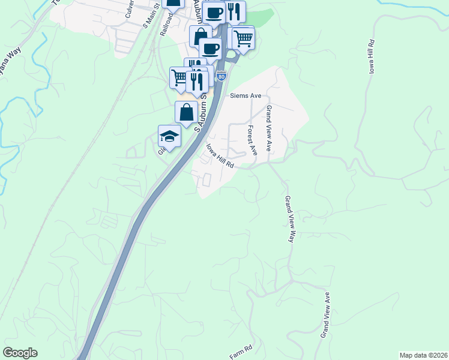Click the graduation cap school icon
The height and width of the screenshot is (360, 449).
click(x=169, y=136)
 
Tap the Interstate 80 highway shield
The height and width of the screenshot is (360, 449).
click(x=221, y=76)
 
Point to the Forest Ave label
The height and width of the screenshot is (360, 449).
click(x=252, y=140)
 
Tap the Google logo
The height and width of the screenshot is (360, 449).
click(x=20, y=353)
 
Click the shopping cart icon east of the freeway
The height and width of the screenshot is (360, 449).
click(x=243, y=39)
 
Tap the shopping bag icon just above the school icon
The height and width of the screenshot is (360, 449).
click(x=186, y=112)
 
